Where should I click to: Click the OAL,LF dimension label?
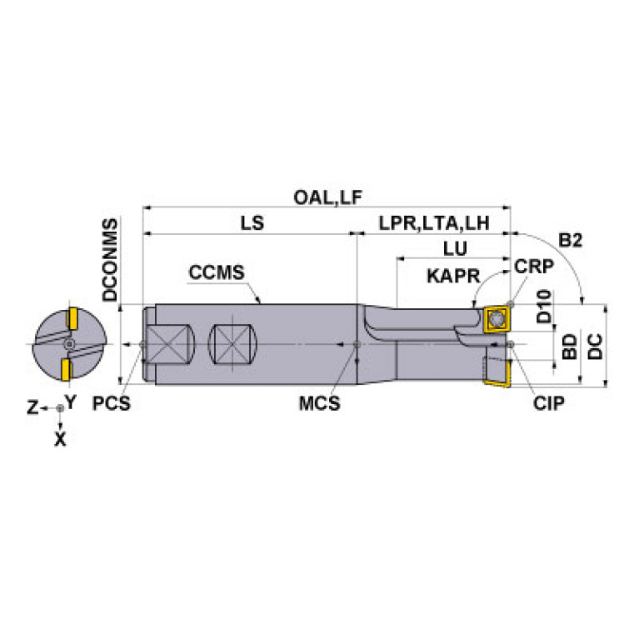[327, 197]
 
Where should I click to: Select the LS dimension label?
[252, 224]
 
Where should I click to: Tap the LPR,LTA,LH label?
[433, 224]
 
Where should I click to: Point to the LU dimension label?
[454, 248]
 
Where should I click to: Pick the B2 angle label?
[569, 241]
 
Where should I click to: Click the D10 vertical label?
[544, 306]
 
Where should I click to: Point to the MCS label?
[319, 404]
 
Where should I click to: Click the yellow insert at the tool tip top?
[496, 321]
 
